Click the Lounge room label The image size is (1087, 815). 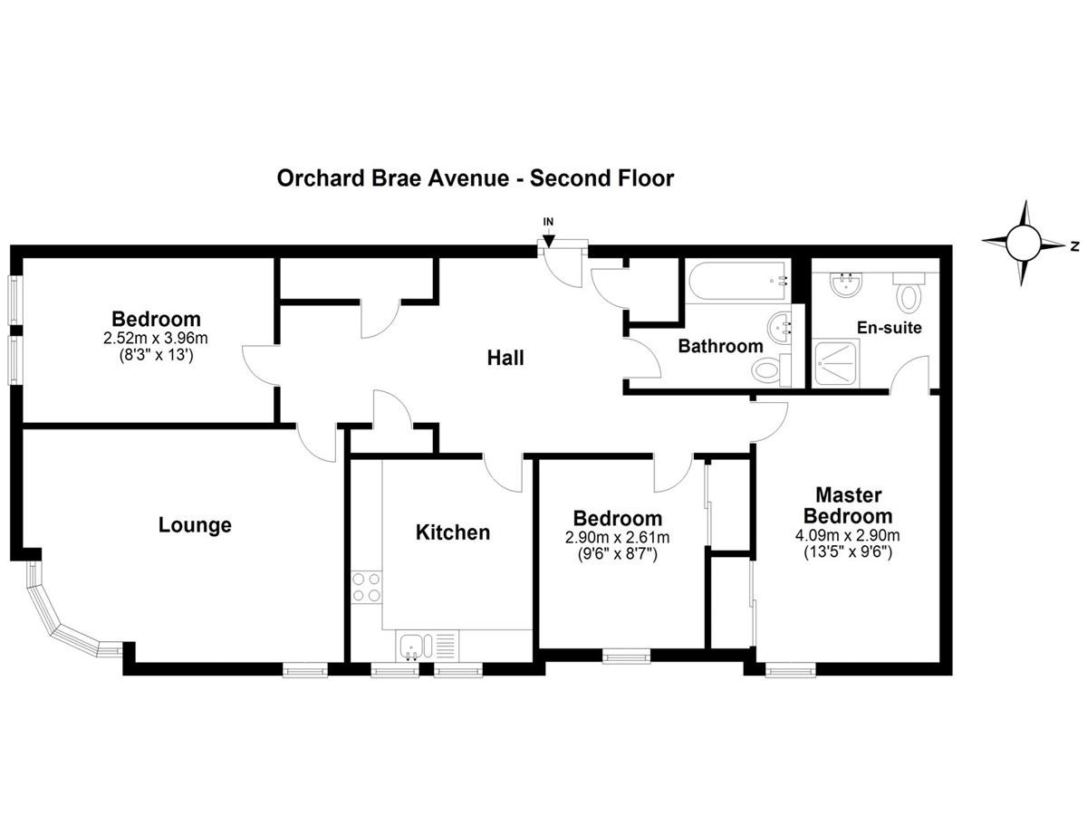[x=195, y=525]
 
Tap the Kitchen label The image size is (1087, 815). [x=453, y=532]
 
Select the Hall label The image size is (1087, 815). [x=505, y=358]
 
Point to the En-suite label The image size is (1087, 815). [x=889, y=328]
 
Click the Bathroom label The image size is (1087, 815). [x=720, y=346]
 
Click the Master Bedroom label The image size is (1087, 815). [x=848, y=505]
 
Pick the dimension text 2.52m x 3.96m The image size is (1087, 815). [x=156, y=339]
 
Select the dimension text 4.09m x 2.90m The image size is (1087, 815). [x=847, y=535]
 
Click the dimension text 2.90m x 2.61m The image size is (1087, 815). [x=618, y=537]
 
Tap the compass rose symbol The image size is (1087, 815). [x=1023, y=244]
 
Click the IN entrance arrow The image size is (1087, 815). [x=548, y=241]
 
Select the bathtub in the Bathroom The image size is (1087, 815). [x=737, y=281]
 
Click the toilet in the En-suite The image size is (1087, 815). [x=909, y=292]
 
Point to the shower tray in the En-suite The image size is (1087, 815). [x=836, y=364]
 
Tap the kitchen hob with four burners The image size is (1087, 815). [x=367, y=587]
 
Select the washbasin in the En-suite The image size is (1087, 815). [x=846, y=284]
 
